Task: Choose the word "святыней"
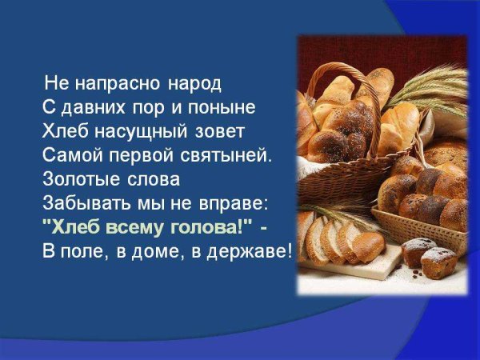pos(236,152)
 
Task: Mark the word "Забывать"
pos(85,200)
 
